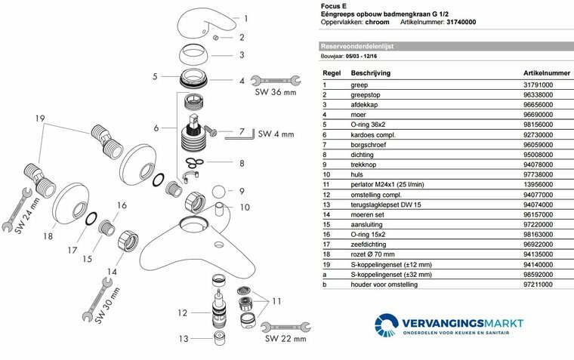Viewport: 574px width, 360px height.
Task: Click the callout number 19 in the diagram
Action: click(x=41, y=118)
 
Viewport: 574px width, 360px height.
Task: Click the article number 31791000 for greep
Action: click(x=538, y=85)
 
